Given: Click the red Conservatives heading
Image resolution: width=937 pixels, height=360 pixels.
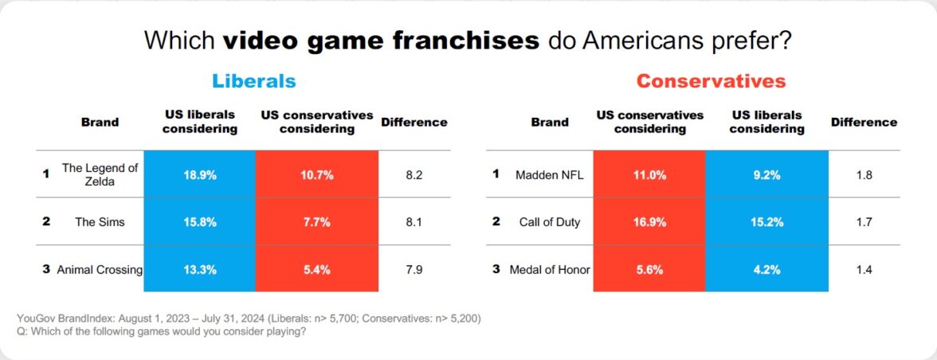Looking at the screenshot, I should (711, 81).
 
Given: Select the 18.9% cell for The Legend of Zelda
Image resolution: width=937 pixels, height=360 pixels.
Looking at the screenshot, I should (200, 174).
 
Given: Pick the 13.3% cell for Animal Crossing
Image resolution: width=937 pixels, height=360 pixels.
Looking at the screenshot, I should (200, 269).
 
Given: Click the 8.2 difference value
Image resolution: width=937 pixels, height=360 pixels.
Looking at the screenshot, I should (414, 174).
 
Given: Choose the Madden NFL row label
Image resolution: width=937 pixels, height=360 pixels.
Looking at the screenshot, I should (550, 174).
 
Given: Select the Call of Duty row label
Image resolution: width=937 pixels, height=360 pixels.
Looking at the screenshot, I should (548, 221).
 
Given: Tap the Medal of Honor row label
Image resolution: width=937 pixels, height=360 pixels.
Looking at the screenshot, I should (550, 269).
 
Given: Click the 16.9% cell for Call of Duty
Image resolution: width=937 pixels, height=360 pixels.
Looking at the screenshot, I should (649, 221).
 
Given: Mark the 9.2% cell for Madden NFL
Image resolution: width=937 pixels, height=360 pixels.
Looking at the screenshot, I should (766, 174).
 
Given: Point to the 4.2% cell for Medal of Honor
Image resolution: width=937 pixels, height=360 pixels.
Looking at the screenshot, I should (766, 269).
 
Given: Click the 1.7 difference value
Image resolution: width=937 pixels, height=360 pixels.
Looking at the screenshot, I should (864, 221).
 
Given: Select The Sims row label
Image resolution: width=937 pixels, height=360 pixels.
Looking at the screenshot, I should (100, 221).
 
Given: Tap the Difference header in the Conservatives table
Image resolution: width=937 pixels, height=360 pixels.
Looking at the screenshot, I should (864, 122).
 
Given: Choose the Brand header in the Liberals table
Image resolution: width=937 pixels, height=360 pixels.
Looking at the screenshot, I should (100, 122).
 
